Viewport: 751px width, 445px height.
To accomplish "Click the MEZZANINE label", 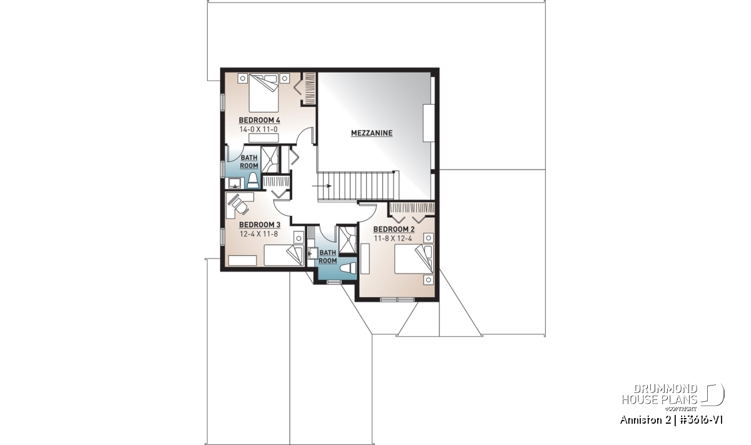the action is [372, 133].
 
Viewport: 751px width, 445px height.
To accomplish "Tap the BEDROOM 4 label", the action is [259, 120].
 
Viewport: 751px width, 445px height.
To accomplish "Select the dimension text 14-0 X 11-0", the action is [258, 129].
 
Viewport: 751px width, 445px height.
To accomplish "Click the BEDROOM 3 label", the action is [260, 225].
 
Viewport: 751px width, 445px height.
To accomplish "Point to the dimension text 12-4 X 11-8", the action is [258, 233].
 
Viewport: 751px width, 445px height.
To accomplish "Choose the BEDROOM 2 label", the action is [394, 229].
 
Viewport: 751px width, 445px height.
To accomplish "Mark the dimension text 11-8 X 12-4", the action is [393, 238].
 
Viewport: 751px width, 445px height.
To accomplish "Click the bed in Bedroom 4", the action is [263, 93].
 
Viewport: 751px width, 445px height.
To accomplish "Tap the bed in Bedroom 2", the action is [414, 259].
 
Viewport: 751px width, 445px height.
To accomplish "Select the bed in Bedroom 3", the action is [284, 255].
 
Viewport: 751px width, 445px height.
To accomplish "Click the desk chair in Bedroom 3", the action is [238, 204].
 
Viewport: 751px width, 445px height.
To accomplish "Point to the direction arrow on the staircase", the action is [322, 186].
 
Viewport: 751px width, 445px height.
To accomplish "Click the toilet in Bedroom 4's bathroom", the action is [253, 180].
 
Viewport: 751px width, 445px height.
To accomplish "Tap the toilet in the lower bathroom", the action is [348, 269].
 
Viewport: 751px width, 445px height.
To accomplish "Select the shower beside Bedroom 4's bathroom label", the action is [270, 160].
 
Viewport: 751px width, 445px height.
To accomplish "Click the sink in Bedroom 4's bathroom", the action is [235, 183].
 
